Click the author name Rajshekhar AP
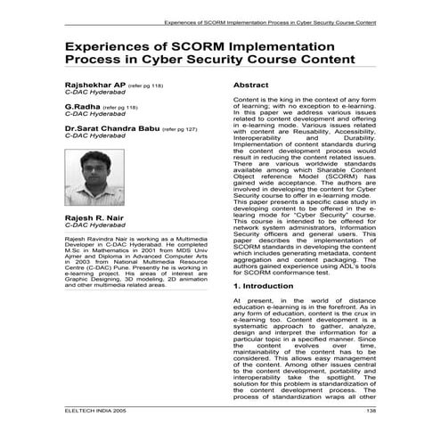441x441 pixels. (x=89, y=84)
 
